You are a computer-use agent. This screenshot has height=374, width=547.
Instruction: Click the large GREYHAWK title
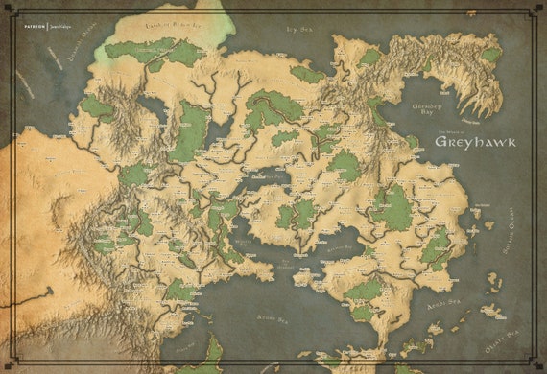pos(475,141)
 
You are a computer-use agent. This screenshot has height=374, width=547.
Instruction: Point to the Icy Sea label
pos(300,30)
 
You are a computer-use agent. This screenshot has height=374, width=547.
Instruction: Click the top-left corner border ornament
pos(9,9)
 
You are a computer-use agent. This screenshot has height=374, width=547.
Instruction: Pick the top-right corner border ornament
pos(538,9)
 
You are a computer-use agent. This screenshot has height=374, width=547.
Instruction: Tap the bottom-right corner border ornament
pos(538,365)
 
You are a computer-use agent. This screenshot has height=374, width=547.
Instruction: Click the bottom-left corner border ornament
pos(9,365)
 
